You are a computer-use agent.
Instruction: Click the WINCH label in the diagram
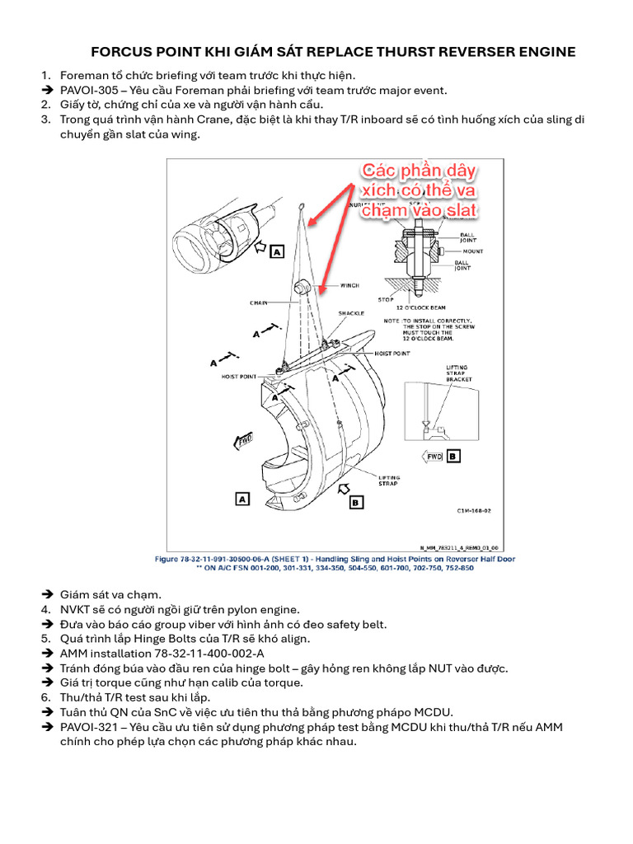[350, 286]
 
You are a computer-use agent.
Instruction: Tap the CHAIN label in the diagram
[259, 302]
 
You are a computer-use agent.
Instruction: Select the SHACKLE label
[351, 313]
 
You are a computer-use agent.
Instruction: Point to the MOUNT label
[472, 251]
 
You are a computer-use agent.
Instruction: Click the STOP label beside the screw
[385, 300]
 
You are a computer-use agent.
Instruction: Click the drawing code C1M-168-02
[474, 510]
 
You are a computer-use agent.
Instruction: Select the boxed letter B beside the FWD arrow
[452, 455]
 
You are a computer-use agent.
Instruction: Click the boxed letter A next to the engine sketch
[276, 250]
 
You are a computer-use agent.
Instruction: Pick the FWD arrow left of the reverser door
[244, 441]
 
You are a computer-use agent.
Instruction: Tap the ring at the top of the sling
[303, 208]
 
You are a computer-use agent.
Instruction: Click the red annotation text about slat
[420, 191]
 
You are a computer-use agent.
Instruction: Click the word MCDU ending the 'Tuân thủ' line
[434, 712]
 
